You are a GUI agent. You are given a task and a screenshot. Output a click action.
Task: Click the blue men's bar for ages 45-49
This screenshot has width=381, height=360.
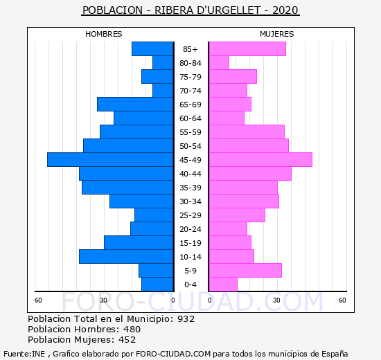[110, 160]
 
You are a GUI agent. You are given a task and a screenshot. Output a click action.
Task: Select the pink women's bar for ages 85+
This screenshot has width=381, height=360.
[247, 49]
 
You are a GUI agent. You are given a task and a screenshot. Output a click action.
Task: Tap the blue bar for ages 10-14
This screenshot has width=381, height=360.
[126, 257]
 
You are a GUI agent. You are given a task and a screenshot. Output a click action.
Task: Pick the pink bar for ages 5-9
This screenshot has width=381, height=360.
[245, 271]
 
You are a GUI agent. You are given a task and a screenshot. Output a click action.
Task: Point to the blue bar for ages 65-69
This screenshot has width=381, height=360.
[135, 105]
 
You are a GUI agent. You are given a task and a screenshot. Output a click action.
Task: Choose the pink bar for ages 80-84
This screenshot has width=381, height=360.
[219, 63]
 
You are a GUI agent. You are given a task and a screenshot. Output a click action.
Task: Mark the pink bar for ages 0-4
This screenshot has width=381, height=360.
[223, 285]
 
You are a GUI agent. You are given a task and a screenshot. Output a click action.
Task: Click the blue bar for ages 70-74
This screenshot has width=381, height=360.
[163, 91]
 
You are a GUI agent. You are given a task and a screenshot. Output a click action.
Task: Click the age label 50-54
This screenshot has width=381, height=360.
[190, 146]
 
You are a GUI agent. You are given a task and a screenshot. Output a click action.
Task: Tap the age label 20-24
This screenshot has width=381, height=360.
[190, 229]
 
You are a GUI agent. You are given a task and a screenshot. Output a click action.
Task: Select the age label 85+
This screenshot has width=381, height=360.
[190, 49]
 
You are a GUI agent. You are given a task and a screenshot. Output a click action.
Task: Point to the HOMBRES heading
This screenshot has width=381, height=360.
[104, 34]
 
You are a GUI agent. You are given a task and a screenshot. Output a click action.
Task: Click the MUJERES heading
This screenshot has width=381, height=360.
[277, 34]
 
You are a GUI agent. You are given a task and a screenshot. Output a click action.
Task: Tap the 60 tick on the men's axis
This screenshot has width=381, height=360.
[38, 300]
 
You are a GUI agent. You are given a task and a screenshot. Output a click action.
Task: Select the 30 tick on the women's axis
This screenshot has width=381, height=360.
[276, 300]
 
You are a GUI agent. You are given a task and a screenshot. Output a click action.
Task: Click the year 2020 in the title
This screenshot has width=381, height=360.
[285, 10]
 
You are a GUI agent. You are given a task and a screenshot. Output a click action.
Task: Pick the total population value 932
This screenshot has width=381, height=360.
[186, 318]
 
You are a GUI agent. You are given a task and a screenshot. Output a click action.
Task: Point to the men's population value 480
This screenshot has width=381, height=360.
[132, 329]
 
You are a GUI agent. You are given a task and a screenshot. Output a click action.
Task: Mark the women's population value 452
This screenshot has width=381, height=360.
[127, 340]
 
